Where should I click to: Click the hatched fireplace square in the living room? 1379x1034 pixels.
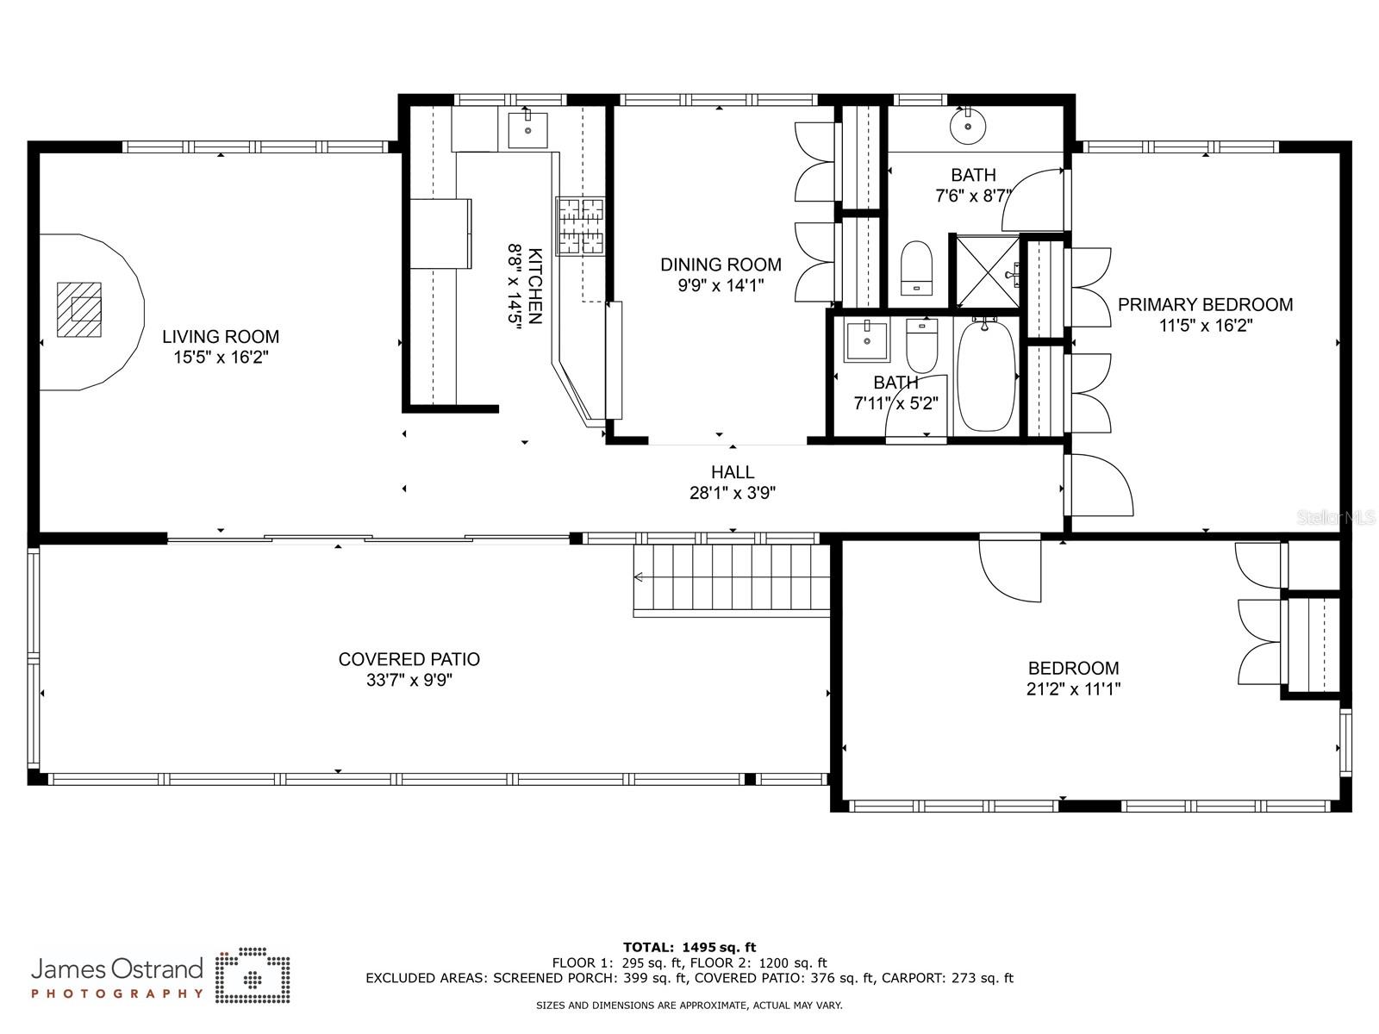79,309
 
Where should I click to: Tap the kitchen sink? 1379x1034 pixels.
527,130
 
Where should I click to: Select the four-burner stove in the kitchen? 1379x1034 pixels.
580,226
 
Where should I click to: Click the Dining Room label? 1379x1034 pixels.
721,265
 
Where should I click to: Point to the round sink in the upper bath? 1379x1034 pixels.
968,126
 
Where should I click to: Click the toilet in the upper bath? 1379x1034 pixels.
917,268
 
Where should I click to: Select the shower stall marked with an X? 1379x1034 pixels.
987,271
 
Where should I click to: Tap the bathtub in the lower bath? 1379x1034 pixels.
986,376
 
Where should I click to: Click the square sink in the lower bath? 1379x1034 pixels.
867,340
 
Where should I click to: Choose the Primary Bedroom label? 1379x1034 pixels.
1205,304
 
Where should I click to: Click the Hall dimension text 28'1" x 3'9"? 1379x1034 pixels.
733,493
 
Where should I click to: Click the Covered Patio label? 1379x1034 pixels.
409,659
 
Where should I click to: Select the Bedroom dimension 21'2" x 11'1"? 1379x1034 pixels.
1074,689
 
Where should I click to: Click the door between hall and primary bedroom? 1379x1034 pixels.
1099,484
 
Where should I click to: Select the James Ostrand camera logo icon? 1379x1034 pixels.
253,975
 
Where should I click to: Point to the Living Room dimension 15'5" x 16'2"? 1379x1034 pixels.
222,358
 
